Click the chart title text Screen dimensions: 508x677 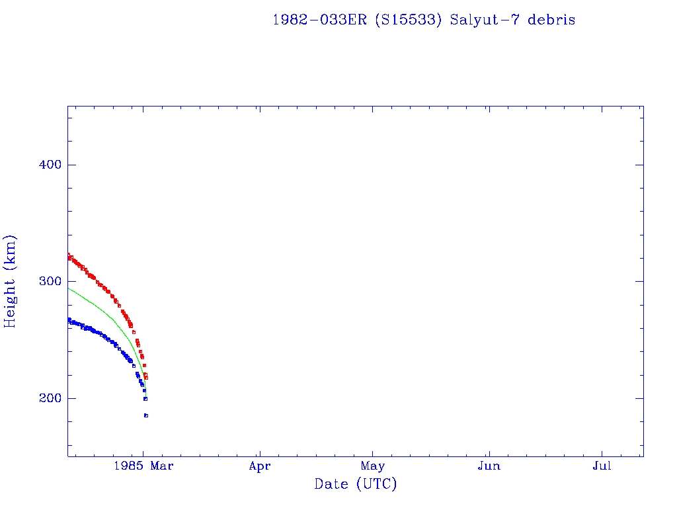(x=424, y=20)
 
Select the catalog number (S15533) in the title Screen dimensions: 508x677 (x=409, y=20)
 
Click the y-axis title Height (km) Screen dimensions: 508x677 (x=11, y=281)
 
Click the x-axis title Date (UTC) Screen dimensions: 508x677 (x=356, y=484)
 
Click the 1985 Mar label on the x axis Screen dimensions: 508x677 (x=143, y=466)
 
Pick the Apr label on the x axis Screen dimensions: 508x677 (x=260, y=466)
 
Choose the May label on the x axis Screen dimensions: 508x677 (x=373, y=466)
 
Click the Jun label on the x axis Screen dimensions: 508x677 (x=489, y=466)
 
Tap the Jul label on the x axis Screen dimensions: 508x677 (x=602, y=466)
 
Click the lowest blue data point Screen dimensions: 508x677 (x=145, y=415)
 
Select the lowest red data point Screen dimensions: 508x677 (x=146, y=378)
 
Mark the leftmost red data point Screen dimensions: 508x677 (x=68, y=255)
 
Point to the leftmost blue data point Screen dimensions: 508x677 (x=68, y=319)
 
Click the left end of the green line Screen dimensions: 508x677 (x=68, y=288)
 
